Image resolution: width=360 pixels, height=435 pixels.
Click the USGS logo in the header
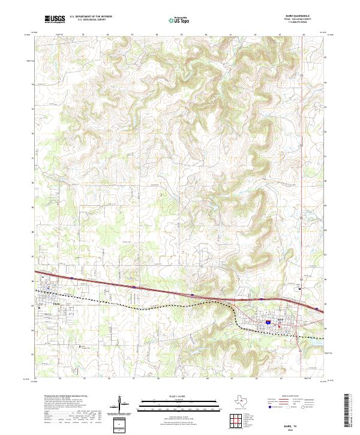coord(55,19)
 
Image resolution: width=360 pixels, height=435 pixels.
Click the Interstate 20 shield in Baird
coord(268,322)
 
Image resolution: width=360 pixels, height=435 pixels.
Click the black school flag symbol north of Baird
coord(299,289)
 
